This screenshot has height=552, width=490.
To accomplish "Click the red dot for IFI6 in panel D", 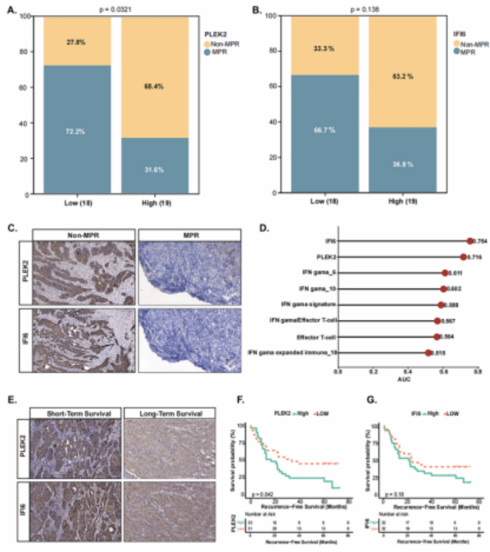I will click(470, 240).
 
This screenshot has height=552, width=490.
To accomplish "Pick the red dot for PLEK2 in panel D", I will click(463, 257).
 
